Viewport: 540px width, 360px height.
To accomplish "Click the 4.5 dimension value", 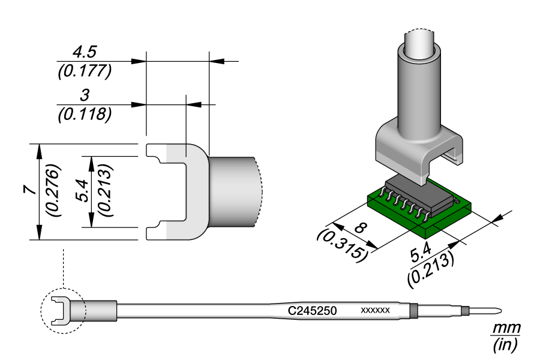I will coord(83,53).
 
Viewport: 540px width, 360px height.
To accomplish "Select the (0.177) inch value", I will coord(85,71).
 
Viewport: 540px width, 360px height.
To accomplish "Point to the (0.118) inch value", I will coord(84,114).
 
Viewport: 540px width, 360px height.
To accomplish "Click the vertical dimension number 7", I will coord(26,190).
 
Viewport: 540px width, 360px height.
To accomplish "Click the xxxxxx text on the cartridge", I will coord(375,311).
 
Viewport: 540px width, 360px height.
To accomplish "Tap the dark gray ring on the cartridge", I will coord(413,311).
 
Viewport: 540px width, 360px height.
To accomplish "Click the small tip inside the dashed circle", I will coord(61,311).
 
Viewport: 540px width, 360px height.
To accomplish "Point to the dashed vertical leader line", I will coord(62,267).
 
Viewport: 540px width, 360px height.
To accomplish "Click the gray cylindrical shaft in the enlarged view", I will coord(234,191).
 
